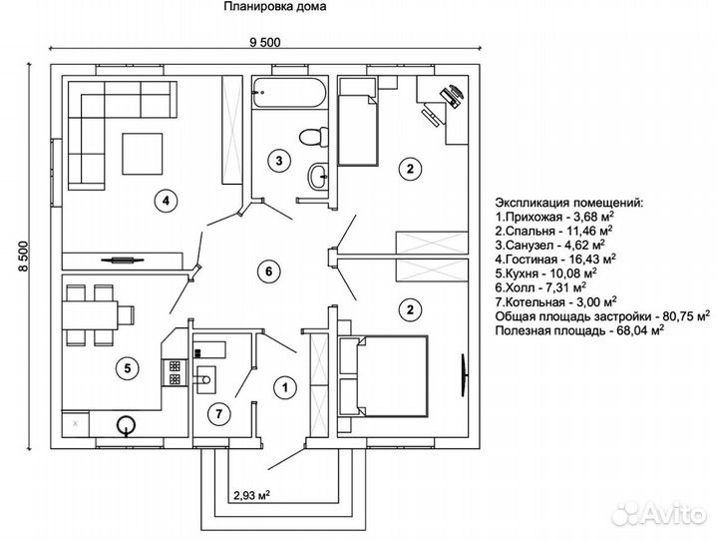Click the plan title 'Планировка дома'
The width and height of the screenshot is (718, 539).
(271, 8)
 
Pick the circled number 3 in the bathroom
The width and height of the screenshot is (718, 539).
(281, 160)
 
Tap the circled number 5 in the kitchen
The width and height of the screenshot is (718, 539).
(127, 368)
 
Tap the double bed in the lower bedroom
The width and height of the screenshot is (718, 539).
(383, 374)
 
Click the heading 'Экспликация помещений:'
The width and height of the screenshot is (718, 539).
(568, 202)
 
